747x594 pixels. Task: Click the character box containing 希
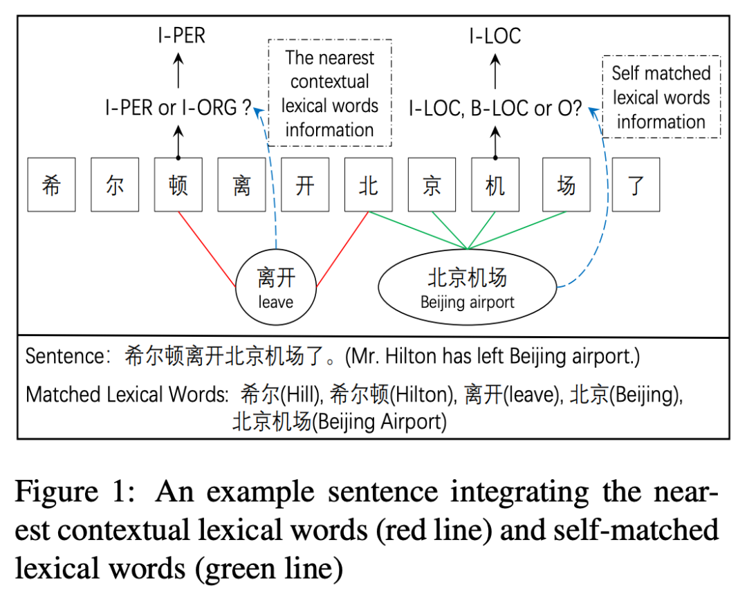tap(51, 185)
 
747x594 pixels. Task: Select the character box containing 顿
tap(178, 185)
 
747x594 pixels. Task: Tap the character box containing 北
tap(369, 185)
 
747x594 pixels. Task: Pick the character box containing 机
tap(495, 185)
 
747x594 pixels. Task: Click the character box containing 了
tap(636, 185)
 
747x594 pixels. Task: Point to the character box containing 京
tap(432, 185)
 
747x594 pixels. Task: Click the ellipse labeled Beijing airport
tap(468, 288)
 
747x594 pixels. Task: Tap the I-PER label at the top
tap(181, 35)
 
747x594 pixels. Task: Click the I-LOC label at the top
tap(495, 35)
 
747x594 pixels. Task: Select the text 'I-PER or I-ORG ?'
tap(178, 109)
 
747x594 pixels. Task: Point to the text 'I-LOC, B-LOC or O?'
tap(495, 109)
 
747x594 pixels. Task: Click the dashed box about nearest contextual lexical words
tap(330, 93)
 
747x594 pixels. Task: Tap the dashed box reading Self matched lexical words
tap(661, 97)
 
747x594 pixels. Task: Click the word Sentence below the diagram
tap(64, 356)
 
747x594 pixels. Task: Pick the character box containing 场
tap(566, 185)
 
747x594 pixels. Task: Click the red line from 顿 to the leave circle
tap(207, 249)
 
